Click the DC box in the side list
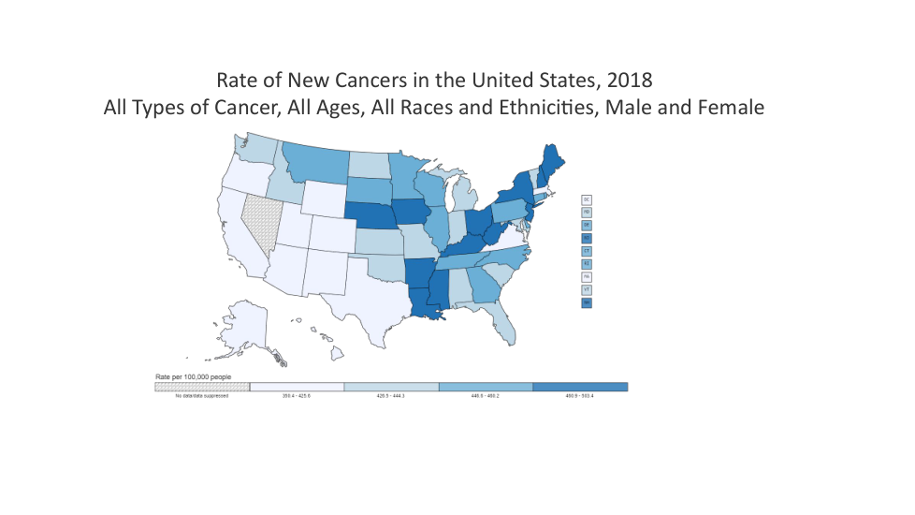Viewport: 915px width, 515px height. click(587, 199)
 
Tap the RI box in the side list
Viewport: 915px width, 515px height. click(587, 265)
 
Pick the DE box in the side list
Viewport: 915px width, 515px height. click(587, 226)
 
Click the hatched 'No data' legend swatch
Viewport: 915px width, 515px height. click(202, 387)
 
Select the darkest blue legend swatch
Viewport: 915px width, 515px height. click(580, 387)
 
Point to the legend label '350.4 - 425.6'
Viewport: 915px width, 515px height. click(297, 396)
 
